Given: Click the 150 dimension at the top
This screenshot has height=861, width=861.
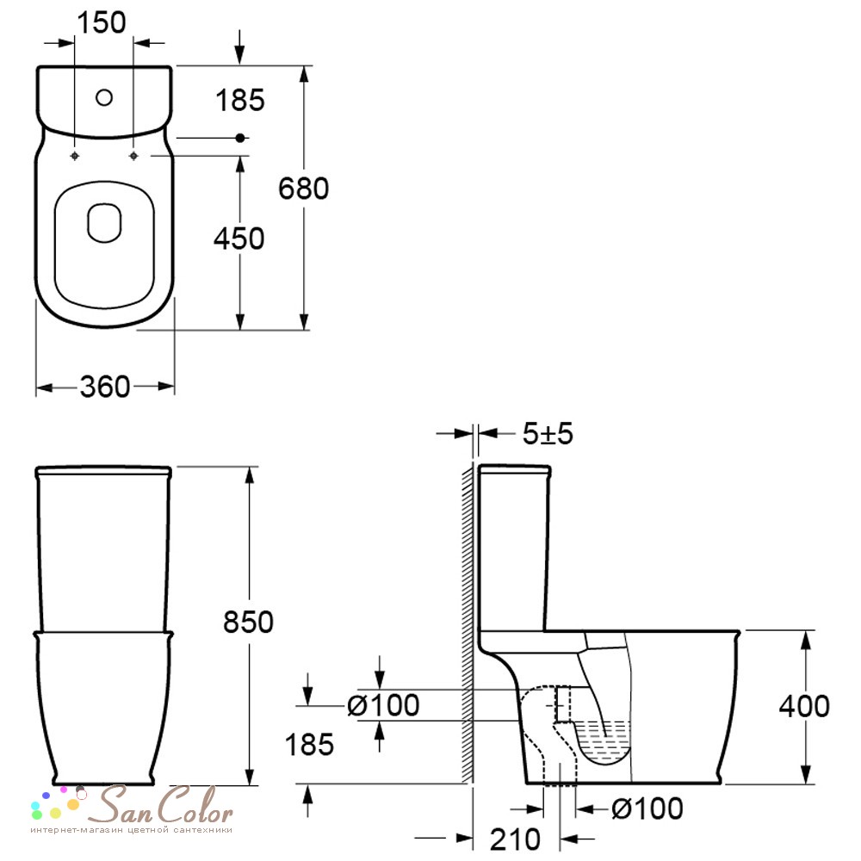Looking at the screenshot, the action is pos(102,23).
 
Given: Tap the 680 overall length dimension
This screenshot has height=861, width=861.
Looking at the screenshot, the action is pos(303,189).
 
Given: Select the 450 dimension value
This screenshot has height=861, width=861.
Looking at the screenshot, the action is pos(238,238).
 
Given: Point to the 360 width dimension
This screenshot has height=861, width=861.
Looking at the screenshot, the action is pos(105,387).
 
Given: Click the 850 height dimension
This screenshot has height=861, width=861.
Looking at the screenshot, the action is pos(248,623).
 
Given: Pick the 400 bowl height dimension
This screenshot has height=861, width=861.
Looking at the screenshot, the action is pos(804,706).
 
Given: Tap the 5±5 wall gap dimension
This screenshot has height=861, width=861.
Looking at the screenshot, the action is pos(548,434).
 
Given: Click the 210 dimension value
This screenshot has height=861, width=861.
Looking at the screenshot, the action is pos(515,839).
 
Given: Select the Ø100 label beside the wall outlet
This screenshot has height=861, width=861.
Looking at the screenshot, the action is pos(383,705).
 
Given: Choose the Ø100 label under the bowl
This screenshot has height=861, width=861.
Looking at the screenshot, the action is pos(647,808).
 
